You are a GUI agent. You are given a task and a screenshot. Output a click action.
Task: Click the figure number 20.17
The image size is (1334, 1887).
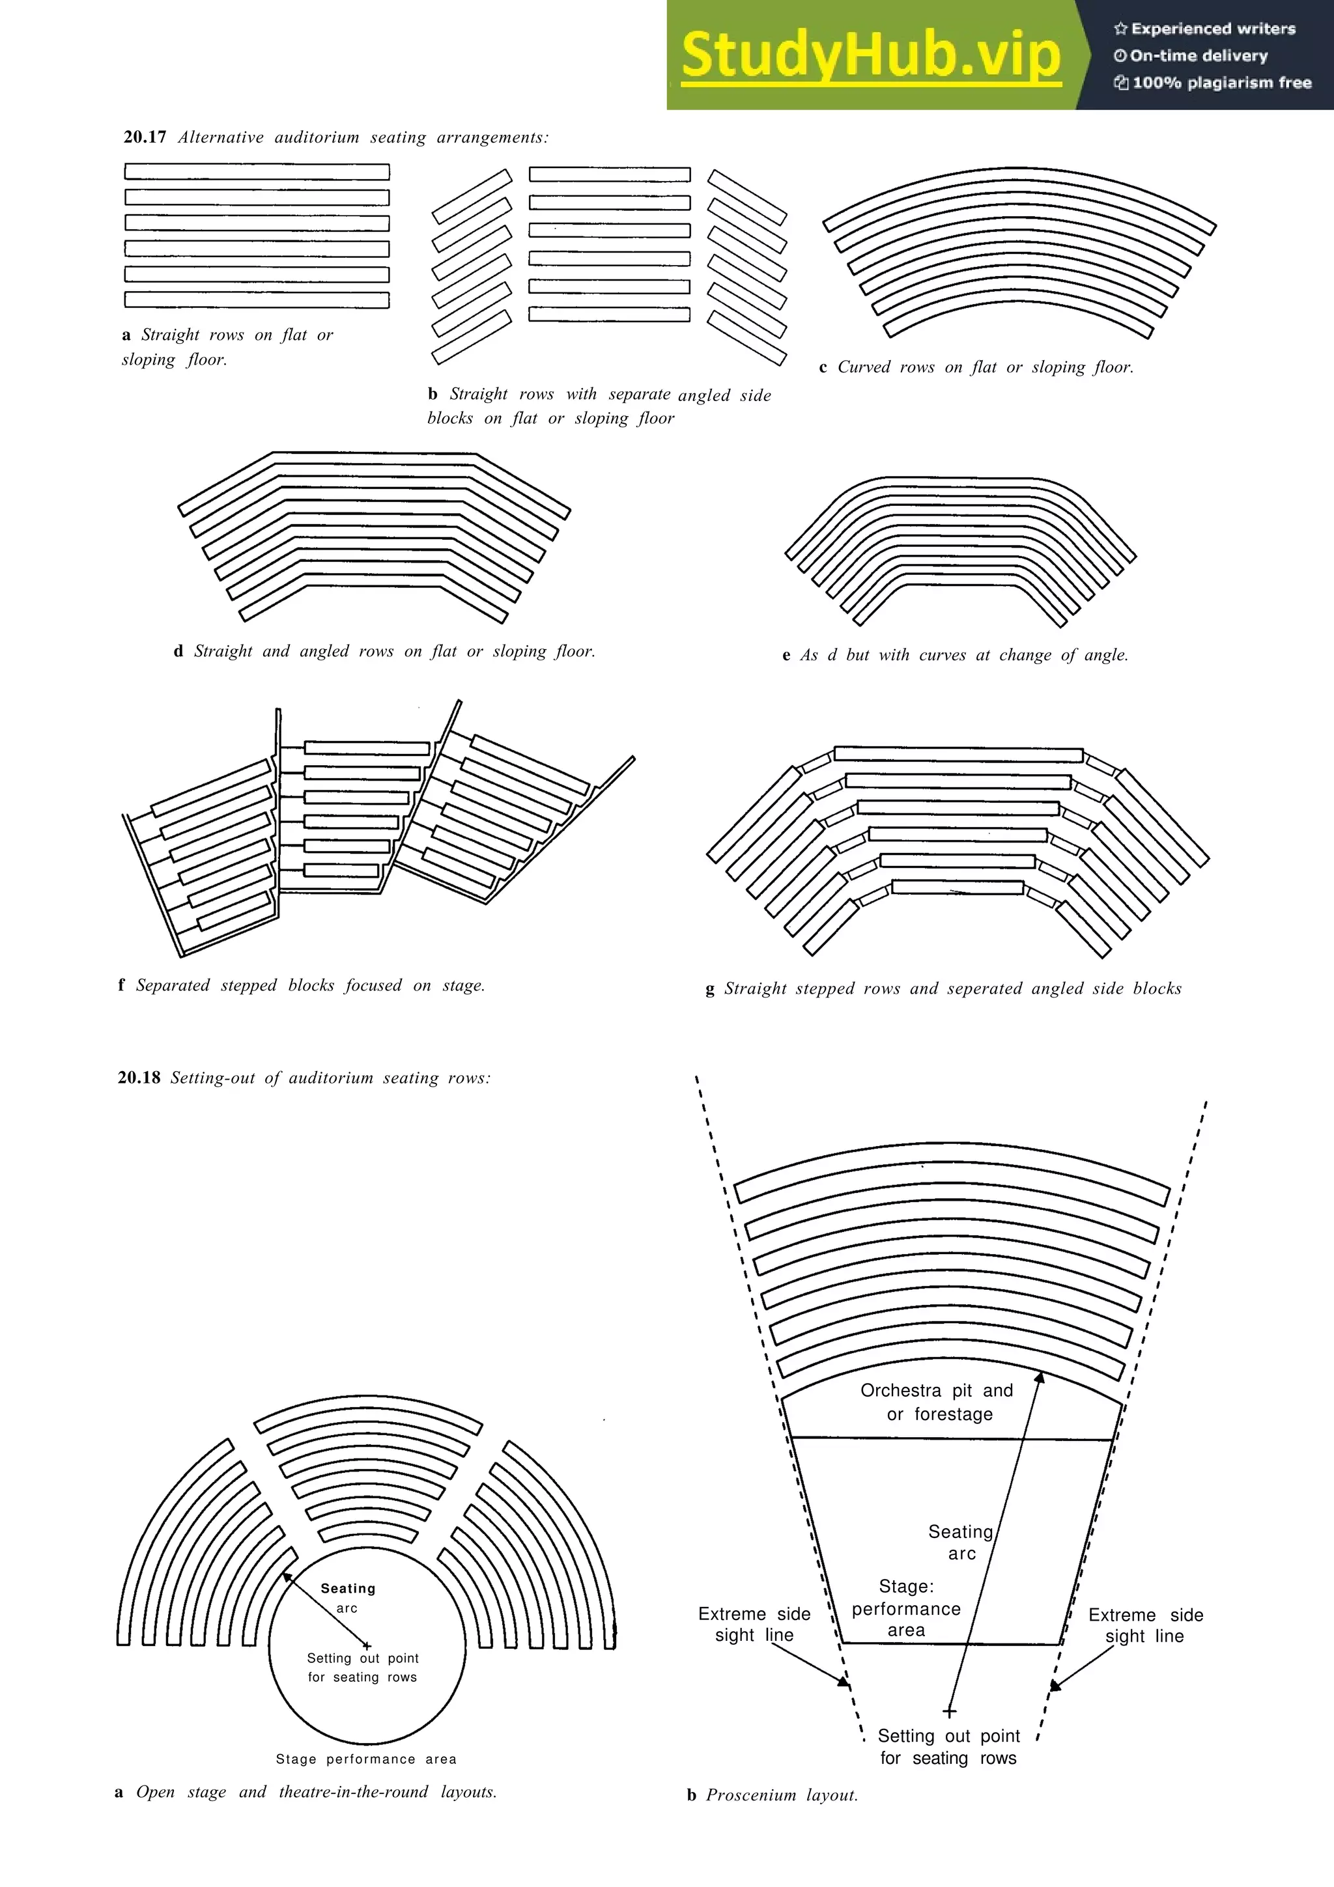click(x=145, y=137)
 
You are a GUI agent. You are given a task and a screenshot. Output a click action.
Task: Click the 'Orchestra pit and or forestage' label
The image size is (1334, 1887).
click(x=937, y=1402)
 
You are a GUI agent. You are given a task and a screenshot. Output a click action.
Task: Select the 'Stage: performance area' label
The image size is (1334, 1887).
click(x=906, y=1608)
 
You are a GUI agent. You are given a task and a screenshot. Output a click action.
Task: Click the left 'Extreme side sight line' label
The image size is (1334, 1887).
click(x=754, y=1624)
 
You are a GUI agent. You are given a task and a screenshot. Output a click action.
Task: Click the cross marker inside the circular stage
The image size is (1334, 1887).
click(x=367, y=1623)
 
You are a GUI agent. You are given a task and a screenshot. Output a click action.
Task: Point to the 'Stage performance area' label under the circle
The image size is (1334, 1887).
click(x=366, y=1759)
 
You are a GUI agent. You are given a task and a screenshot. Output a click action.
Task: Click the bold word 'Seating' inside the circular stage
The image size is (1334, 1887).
click(x=348, y=1589)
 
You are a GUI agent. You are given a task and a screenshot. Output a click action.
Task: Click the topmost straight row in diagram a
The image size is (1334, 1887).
click(x=257, y=172)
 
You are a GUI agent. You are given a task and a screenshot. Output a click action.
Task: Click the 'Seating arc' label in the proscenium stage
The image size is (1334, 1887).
click(x=961, y=1542)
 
